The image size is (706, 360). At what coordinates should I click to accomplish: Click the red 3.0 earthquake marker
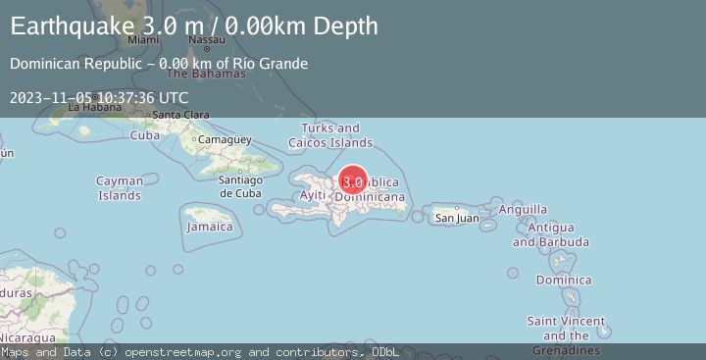coord(353,181)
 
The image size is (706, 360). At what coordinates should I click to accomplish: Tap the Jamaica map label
coord(211,227)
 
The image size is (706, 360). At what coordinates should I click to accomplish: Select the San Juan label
coord(457,218)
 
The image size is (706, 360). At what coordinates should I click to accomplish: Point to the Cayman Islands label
coord(120,187)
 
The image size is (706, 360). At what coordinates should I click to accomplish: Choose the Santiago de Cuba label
coord(239,185)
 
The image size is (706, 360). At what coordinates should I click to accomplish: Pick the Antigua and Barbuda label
coord(558,234)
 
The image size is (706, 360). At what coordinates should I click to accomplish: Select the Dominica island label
coord(564,281)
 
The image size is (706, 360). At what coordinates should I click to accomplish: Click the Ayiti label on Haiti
coord(313,196)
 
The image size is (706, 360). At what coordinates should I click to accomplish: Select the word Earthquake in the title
coord(69,26)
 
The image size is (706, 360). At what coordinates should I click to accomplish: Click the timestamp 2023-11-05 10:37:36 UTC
coord(99,97)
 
